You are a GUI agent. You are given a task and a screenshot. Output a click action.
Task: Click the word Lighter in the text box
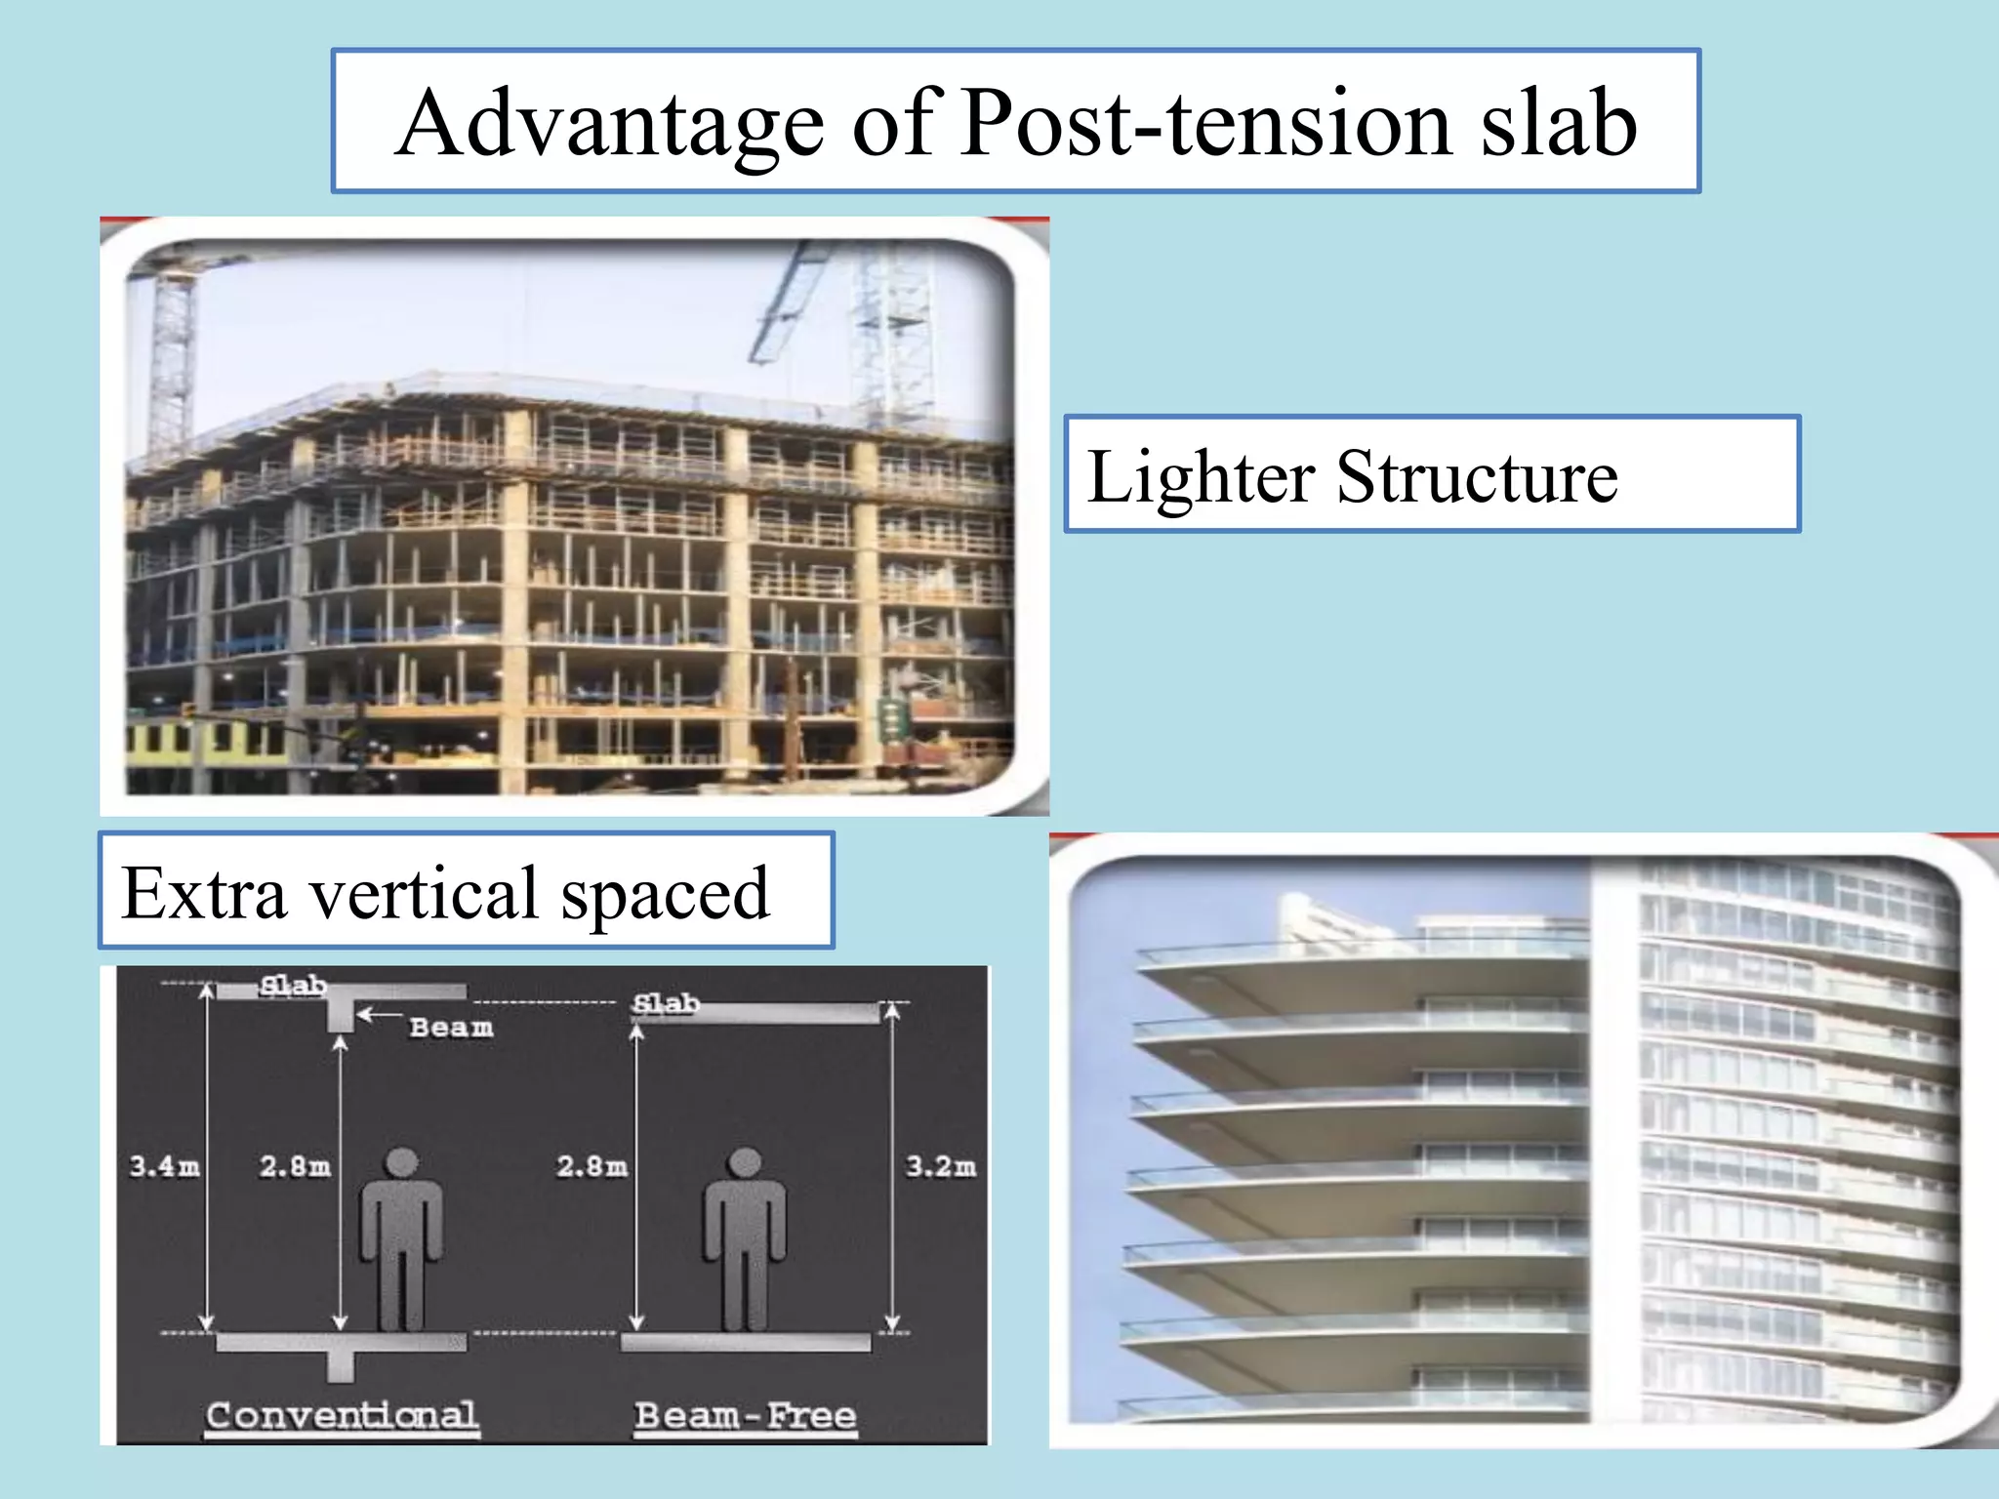point(1201,477)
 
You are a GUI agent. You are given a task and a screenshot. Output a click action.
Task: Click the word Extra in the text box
point(204,892)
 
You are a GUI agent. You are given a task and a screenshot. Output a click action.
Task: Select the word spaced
point(665,894)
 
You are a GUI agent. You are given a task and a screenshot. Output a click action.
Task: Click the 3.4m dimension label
point(164,1165)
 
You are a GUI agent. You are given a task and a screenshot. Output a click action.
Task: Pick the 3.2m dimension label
point(940,1165)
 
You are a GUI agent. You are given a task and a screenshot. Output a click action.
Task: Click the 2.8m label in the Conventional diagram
point(295,1165)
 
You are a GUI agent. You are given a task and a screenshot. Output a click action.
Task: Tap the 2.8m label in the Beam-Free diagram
point(592,1165)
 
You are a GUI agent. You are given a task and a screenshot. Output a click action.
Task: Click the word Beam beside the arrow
point(451,1027)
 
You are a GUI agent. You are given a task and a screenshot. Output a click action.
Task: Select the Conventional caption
point(342,1414)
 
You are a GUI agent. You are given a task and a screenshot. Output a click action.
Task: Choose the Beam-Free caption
point(745,1414)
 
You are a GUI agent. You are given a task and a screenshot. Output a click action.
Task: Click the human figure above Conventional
point(401,1239)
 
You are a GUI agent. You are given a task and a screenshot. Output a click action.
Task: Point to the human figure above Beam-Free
point(745,1239)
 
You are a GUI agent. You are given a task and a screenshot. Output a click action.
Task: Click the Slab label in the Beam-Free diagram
point(666,1002)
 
